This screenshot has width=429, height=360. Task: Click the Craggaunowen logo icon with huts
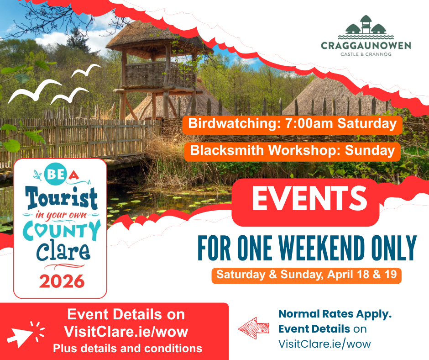click(366, 27)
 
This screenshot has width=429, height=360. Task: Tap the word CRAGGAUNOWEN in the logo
click(366, 46)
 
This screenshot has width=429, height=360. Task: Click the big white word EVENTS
click(309, 199)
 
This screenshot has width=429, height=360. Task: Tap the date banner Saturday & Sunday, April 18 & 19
click(306, 275)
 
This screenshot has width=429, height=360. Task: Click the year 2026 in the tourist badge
click(62, 281)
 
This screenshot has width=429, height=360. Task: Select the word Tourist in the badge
click(61, 197)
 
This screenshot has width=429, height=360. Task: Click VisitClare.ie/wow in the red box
click(126, 332)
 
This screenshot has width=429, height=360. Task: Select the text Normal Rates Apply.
click(335, 314)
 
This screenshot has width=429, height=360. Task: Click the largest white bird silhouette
click(35, 91)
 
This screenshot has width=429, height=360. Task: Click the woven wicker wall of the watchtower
click(160, 74)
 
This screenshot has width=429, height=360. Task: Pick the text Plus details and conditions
click(127, 349)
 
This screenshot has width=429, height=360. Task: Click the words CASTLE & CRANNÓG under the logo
click(366, 54)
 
